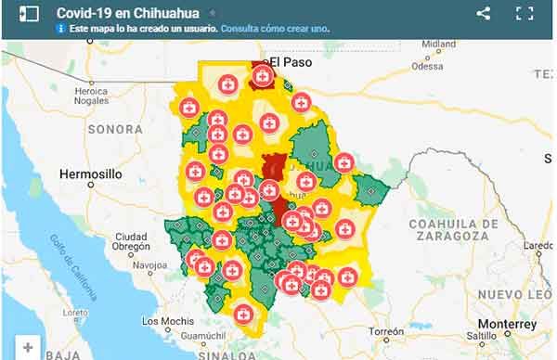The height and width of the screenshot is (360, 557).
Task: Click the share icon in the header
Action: pyautogui.click(x=483, y=13)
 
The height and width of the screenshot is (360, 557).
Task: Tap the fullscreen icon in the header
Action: pyautogui.click(x=525, y=13)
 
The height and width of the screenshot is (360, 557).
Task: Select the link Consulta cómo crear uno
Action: pyautogui.click(x=276, y=29)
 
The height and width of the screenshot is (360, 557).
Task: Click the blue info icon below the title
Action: pyautogui.click(x=60, y=29)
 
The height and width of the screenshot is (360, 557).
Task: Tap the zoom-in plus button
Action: pyautogui.click(x=28, y=348)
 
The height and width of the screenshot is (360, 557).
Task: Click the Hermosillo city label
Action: pyautogui.click(x=90, y=174)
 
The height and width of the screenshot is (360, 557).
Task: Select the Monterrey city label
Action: pyautogui.click(x=508, y=324)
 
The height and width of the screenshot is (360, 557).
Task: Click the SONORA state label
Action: pyautogui.click(x=115, y=129)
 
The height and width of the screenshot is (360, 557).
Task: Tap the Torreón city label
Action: pyautogui.click(x=385, y=331)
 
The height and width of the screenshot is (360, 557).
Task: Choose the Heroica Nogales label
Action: pyautogui.click(x=97, y=96)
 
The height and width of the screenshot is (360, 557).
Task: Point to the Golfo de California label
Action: pyautogui.click(x=74, y=271)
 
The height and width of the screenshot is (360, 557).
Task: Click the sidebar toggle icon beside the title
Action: pyautogui.click(x=28, y=13)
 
